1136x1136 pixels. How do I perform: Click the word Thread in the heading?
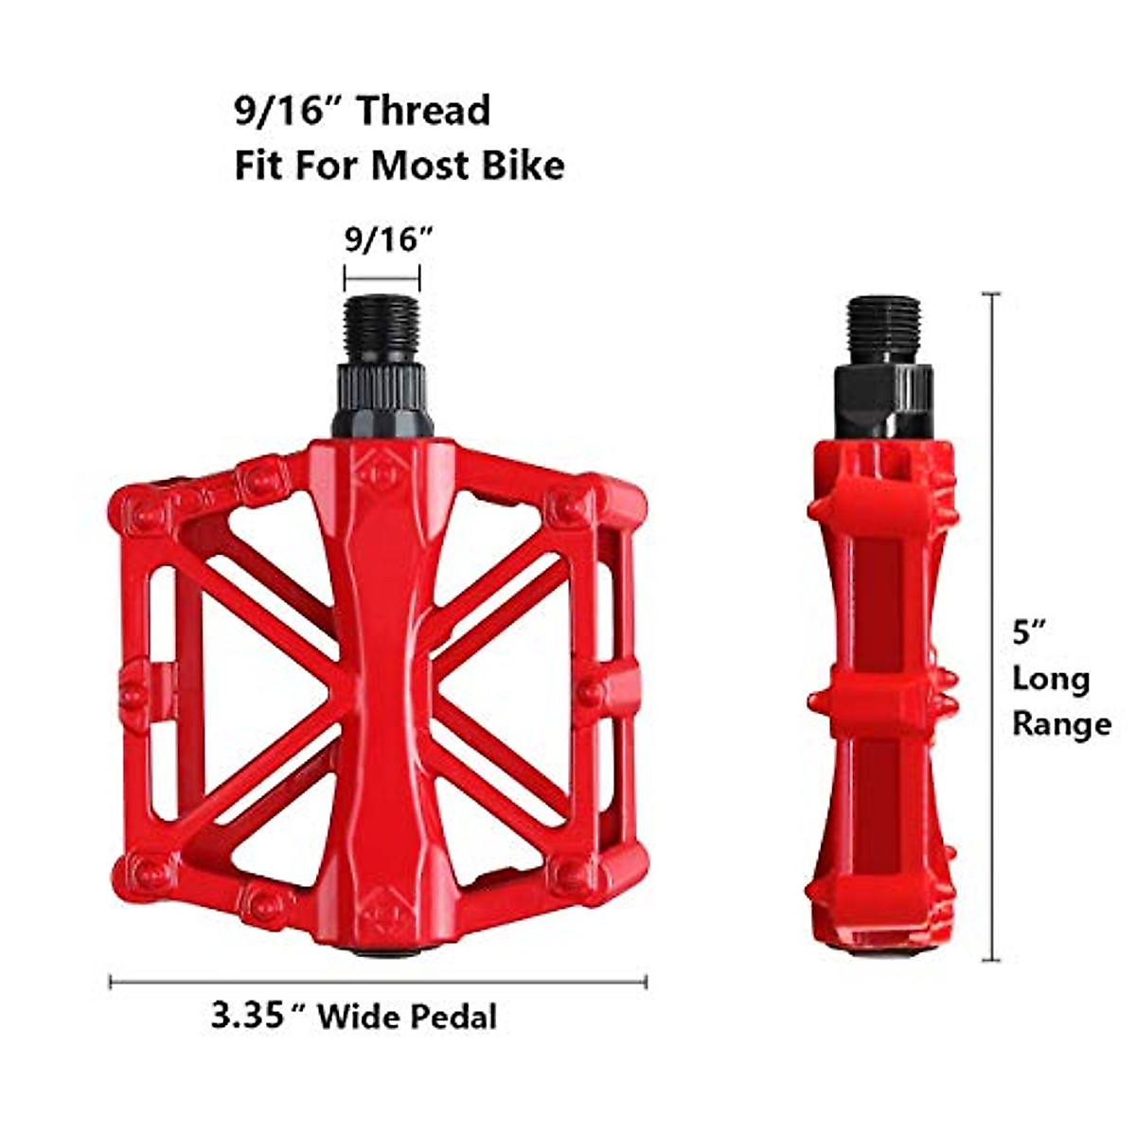pos(422,111)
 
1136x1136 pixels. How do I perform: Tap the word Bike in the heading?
pos(520,166)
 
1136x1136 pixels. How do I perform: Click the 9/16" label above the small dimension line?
pos(382,240)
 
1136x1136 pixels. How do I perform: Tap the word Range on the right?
pos(1061,724)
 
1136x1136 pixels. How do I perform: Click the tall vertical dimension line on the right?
pos(991,625)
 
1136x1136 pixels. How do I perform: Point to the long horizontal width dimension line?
pos(379,982)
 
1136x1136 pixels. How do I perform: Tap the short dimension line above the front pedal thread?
pos(382,277)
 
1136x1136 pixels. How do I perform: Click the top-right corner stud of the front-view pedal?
pos(569,507)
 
